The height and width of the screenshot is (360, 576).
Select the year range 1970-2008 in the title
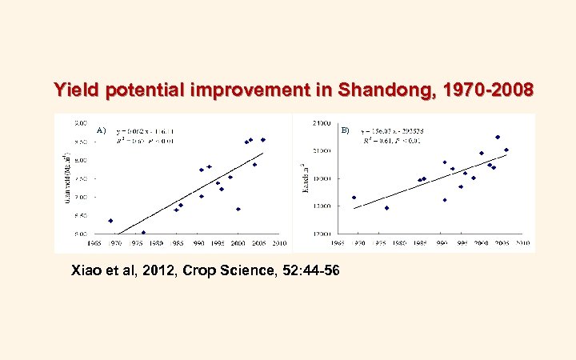pyautogui.click(x=489, y=90)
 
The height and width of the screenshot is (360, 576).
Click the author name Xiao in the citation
pyautogui.click(x=88, y=270)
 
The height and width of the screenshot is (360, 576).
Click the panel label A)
pyautogui.click(x=101, y=130)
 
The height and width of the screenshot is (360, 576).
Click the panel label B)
pyautogui.click(x=345, y=130)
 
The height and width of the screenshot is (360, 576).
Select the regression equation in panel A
pyautogui.click(x=146, y=130)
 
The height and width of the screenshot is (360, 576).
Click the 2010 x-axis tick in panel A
pyautogui.click(x=279, y=242)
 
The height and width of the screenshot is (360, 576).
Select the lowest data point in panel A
pyautogui.click(x=143, y=233)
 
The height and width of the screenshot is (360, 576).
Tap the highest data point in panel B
pyautogui.click(x=498, y=137)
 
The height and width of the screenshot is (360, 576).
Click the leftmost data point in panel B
pyautogui.click(x=354, y=198)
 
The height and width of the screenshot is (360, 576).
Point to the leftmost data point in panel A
pyautogui.click(x=110, y=221)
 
